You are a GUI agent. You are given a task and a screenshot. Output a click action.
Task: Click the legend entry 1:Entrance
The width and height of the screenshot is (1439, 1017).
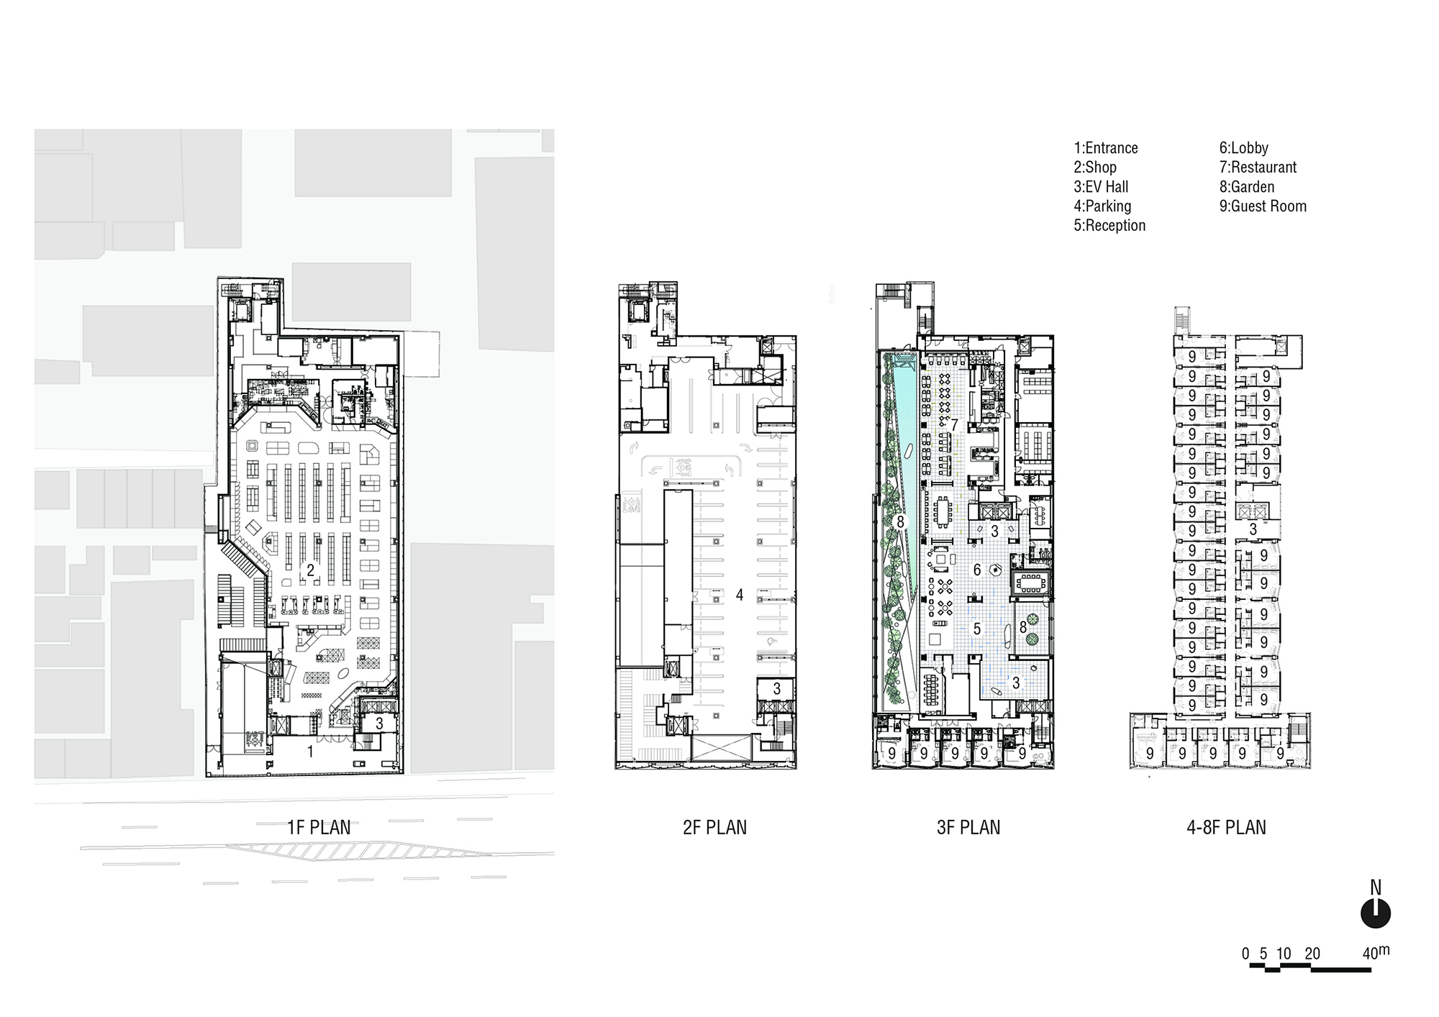1106,148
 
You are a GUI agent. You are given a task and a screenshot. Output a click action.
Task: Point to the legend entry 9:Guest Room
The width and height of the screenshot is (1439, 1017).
1263,206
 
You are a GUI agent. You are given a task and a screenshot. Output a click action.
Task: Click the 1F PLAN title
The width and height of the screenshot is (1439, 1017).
319,827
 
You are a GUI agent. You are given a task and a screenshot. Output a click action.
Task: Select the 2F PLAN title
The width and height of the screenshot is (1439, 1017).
714,827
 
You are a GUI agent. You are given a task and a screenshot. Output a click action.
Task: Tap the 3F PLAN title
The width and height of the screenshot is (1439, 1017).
968,827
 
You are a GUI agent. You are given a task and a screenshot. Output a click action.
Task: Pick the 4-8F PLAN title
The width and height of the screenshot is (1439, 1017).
1226,827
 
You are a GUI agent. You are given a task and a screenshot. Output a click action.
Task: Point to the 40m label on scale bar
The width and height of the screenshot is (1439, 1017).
1376,952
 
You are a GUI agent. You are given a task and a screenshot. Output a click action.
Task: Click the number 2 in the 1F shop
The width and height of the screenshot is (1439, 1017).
311,570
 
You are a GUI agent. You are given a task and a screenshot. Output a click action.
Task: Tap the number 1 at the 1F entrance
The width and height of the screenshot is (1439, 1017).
310,752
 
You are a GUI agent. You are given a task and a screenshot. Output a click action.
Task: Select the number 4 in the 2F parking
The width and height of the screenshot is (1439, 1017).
739,595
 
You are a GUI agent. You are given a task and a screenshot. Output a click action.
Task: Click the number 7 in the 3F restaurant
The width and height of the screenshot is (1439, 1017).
954,425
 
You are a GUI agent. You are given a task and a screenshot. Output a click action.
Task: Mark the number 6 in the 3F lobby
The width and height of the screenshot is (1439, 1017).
977,570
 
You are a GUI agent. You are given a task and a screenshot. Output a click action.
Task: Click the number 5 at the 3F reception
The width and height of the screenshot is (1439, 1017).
977,629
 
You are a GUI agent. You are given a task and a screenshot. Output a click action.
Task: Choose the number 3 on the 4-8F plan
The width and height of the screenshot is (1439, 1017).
1253,529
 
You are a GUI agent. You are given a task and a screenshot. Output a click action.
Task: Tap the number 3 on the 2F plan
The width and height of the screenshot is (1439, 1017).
776,689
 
